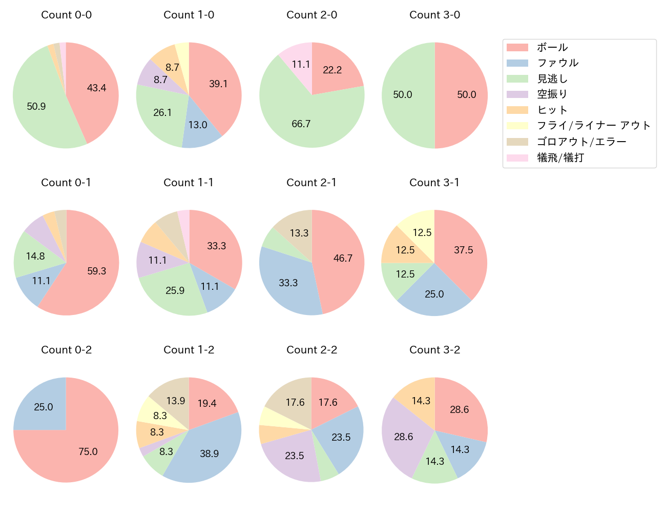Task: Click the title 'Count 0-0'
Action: point(66,15)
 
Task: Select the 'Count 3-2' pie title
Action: point(434,350)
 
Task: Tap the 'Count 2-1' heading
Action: point(311,183)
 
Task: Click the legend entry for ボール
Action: point(552,47)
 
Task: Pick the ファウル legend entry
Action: point(557,63)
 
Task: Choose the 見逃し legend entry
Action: point(552,79)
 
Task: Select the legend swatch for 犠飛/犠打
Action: point(517,158)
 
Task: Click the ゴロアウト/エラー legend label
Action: point(581,142)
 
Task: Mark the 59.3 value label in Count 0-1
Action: point(96,271)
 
